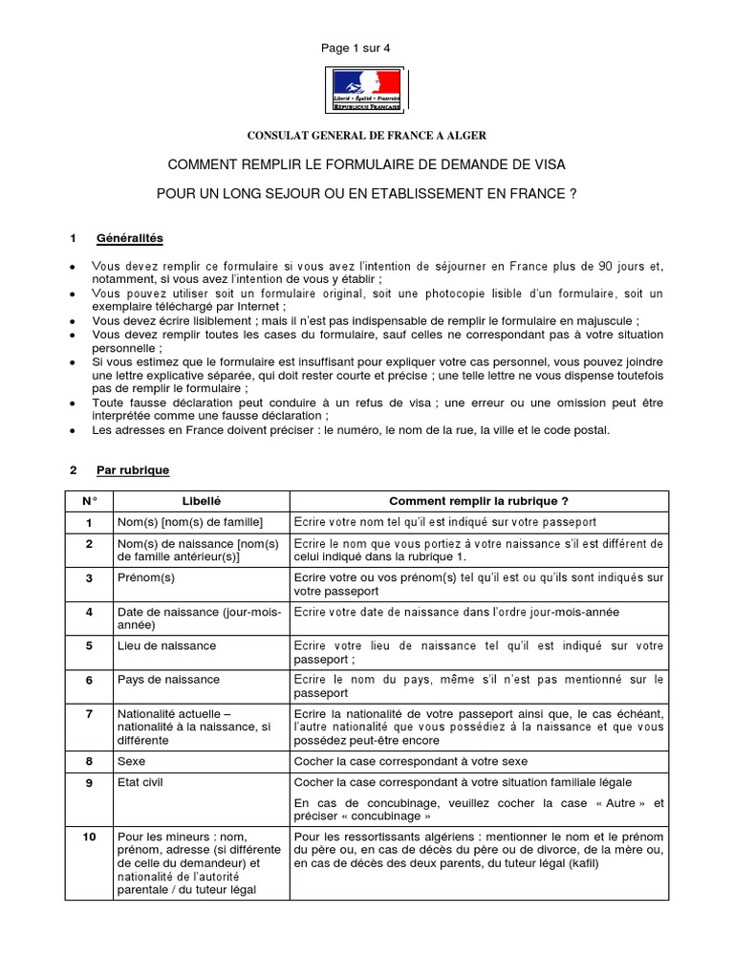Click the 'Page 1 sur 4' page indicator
366,49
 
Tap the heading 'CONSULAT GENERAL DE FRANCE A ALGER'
367,136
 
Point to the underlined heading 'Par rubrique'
133,470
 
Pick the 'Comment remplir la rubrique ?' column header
479,501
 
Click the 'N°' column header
89,501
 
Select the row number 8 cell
89,761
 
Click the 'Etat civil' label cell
140,782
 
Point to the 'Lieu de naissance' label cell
166,645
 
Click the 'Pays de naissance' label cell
168,680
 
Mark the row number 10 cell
89,838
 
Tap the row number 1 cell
89,522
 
